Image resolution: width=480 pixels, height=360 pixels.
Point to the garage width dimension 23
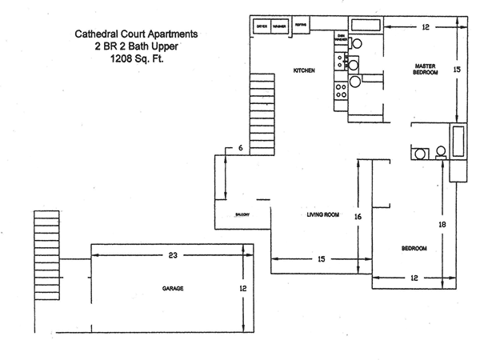pyautogui.click(x=173, y=255)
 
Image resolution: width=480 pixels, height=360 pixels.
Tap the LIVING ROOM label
pyautogui.click(x=324, y=214)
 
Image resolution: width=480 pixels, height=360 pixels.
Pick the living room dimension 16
pyautogui.click(x=358, y=217)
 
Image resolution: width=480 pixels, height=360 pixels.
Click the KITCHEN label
pyautogui.click(x=304, y=71)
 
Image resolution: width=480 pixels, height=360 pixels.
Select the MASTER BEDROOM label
pyautogui.click(x=424, y=69)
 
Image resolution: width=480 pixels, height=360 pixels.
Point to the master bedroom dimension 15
pyautogui.click(x=457, y=70)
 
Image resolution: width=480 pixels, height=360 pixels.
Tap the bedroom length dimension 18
pyautogui.click(x=441, y=226)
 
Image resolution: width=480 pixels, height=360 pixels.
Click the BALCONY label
pyautogui.click(x=242, y=214)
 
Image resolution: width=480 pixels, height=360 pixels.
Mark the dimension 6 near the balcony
pyautogui.click(x=240, y=148)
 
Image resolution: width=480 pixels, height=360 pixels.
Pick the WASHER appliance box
pyautogui.click(x=279, y=26)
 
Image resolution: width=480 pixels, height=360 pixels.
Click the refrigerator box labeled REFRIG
pyautogui.click(x=301, y=25)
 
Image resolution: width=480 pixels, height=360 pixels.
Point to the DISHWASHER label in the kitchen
pyautogui.click(x=341, y=38)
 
